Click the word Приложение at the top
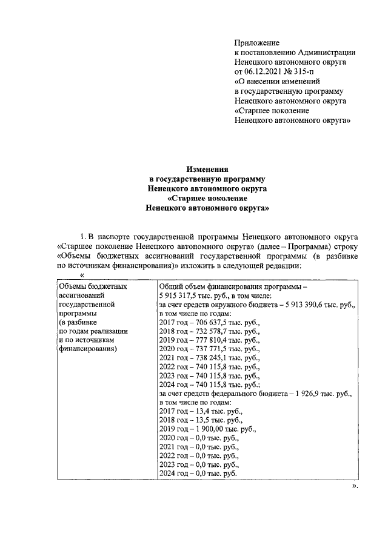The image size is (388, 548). (x=256, y=43)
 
